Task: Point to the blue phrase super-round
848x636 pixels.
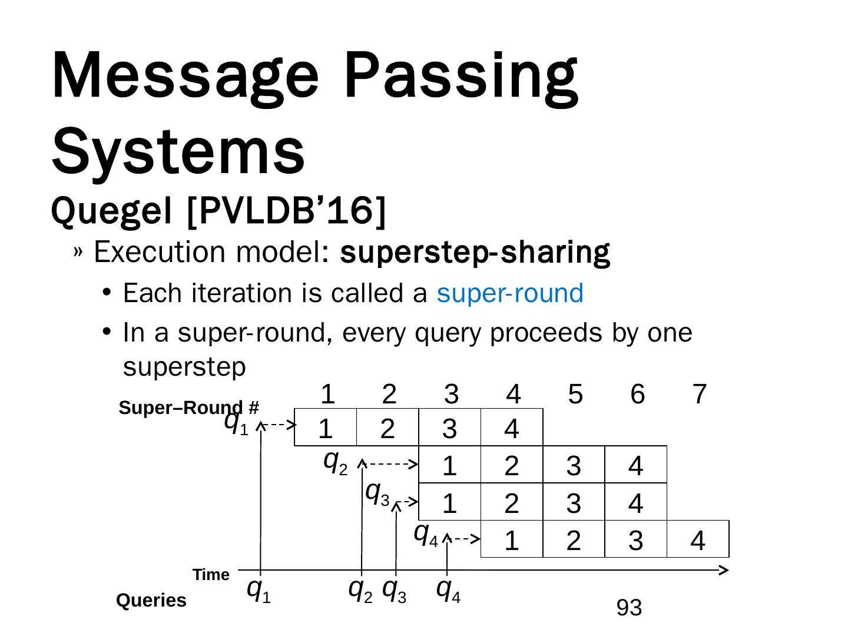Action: click(x=509, y=293)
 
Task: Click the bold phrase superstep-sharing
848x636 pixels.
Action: click(x=475, y=252)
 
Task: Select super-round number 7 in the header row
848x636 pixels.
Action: click(x=699, y=394)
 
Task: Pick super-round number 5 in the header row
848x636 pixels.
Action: click(x=575, y=394)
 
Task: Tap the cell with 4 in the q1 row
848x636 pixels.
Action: click(x=511, y=429)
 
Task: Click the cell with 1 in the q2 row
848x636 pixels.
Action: click(x=449, y=466)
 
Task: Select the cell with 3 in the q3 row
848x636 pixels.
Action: click(x=573, y=503)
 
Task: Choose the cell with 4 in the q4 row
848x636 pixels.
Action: click(x=697, y=541)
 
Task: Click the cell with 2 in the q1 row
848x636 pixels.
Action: click(x=387, y=429)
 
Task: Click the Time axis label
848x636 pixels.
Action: click(x=211, y=575)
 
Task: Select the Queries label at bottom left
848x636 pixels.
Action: click(x=151, y=600)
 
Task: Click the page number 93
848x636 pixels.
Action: click(x=629, y=608)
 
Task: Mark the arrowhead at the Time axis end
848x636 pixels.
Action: click(x=725, y=569)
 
